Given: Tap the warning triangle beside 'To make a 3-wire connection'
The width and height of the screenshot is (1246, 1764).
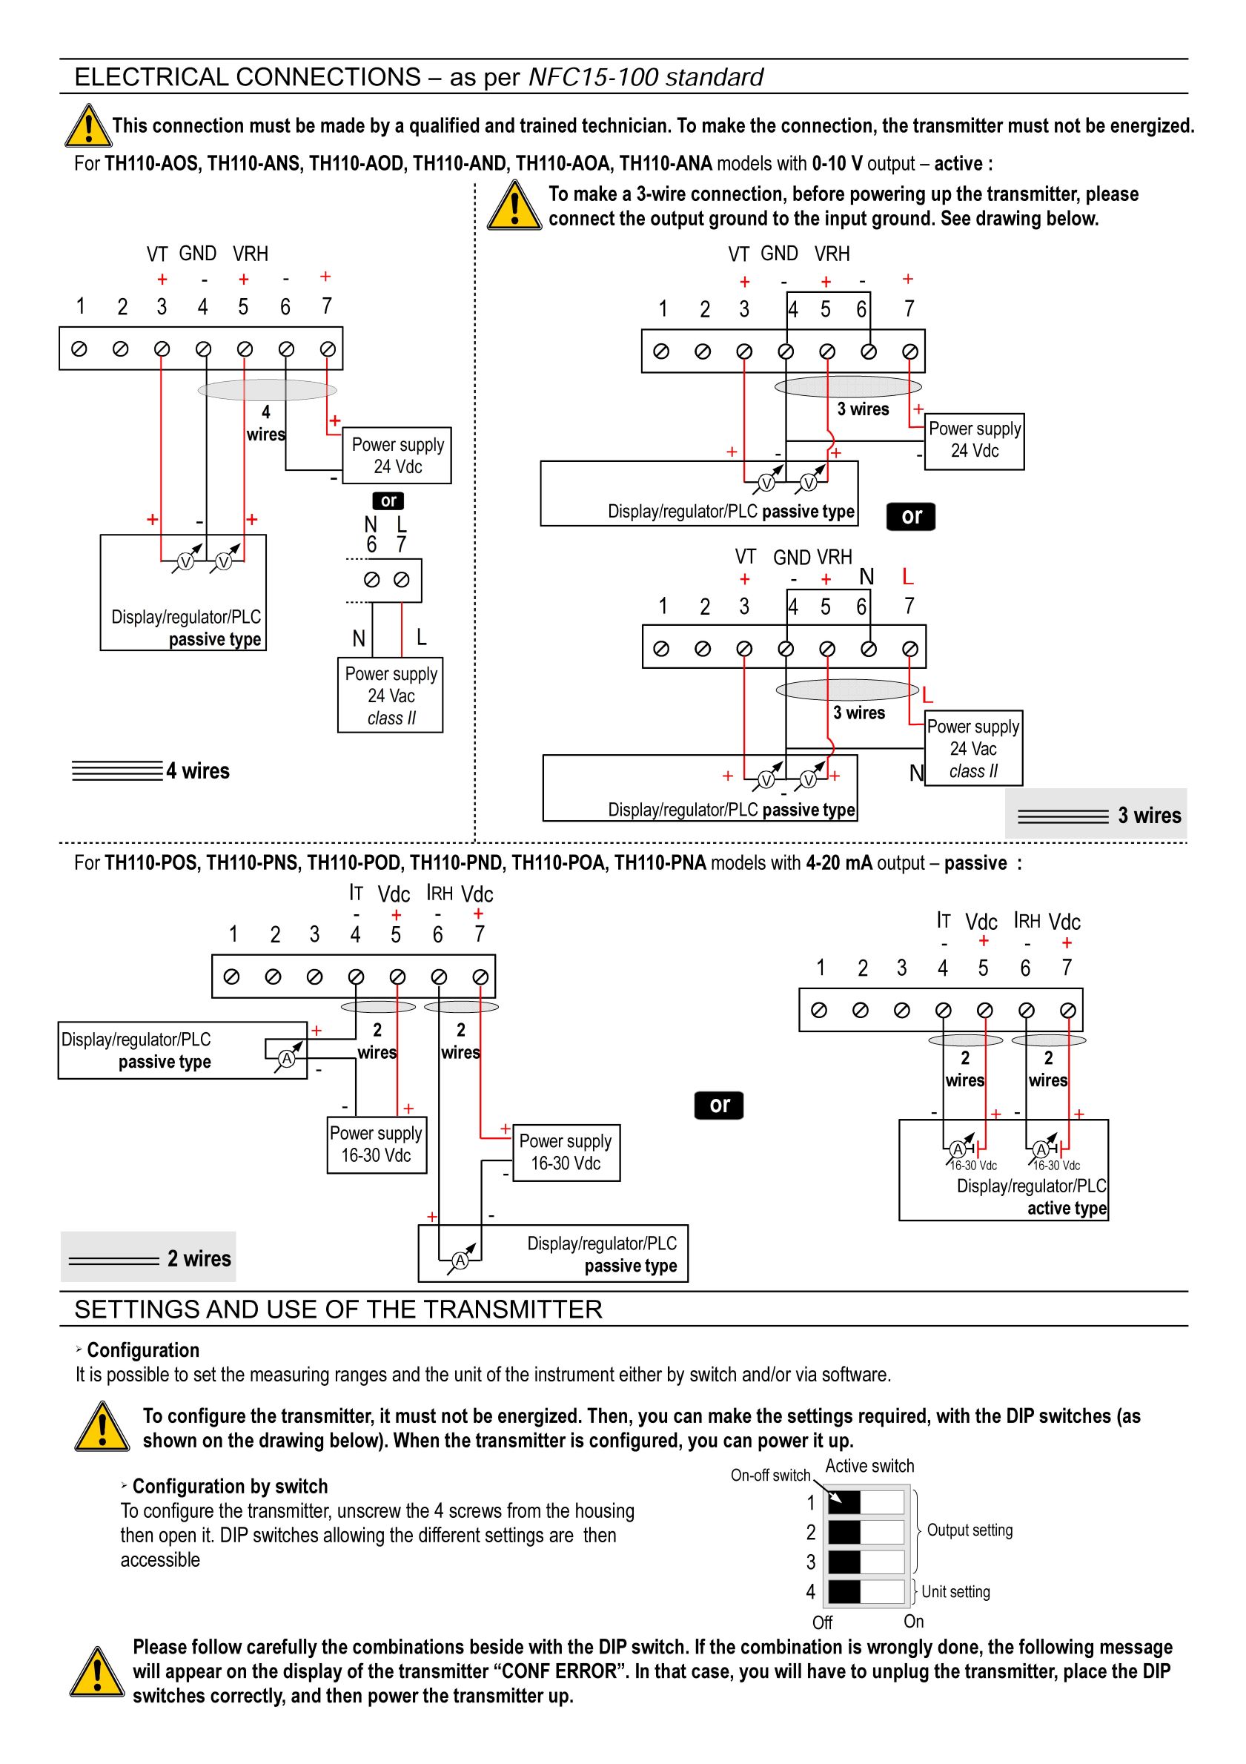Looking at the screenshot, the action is pos(514,205).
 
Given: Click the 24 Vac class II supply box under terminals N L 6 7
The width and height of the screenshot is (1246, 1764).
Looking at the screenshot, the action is pos(390,695).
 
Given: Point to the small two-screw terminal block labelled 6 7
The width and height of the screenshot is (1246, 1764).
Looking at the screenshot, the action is pos(386,580).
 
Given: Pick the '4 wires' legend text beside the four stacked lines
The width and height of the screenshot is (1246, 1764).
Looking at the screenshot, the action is pos(198,770).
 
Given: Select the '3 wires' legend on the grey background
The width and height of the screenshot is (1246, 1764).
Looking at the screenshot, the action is pos(1149,815).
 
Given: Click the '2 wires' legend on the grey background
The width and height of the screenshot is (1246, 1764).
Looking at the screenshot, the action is pos(199,1258).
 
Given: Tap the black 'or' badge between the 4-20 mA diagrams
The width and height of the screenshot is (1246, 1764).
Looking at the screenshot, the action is pos(719,1105).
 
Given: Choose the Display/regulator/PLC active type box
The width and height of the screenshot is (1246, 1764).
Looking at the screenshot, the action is pos(1004,1169).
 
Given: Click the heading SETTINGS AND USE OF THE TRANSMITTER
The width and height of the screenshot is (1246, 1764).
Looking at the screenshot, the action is pos(338,1309).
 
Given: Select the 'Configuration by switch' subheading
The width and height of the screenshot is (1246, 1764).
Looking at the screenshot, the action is pos(231,1486).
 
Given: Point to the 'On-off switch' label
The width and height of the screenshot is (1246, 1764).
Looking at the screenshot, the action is pos(770,1475).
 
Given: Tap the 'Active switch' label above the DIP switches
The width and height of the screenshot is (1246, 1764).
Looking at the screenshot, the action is pos(869,1466).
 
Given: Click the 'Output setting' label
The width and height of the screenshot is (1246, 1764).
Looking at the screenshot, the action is pos(970,1530).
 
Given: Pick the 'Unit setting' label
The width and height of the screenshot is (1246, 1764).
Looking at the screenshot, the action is pos(955,1591).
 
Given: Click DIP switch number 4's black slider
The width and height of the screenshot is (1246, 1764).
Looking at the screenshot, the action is pos(844,1591).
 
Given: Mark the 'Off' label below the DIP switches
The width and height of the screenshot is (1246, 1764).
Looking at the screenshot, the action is pos(822,1622).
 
